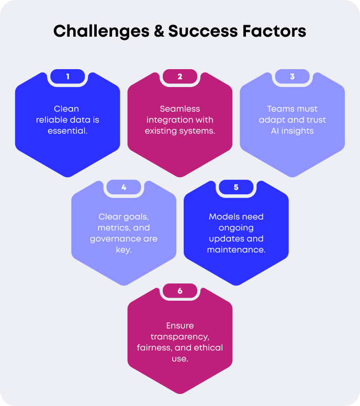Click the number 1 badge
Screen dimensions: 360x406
coord(67,76)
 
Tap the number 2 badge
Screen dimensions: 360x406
coord(180,76)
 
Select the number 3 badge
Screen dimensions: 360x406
coord(292,76)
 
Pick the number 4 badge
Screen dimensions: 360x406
coord(123,187)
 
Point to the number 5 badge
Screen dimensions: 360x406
coord(236,187)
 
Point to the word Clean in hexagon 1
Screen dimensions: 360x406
coord(67,109)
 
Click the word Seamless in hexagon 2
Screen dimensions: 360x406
coord(180,109)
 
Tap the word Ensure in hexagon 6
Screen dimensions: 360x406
coord(180,326)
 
